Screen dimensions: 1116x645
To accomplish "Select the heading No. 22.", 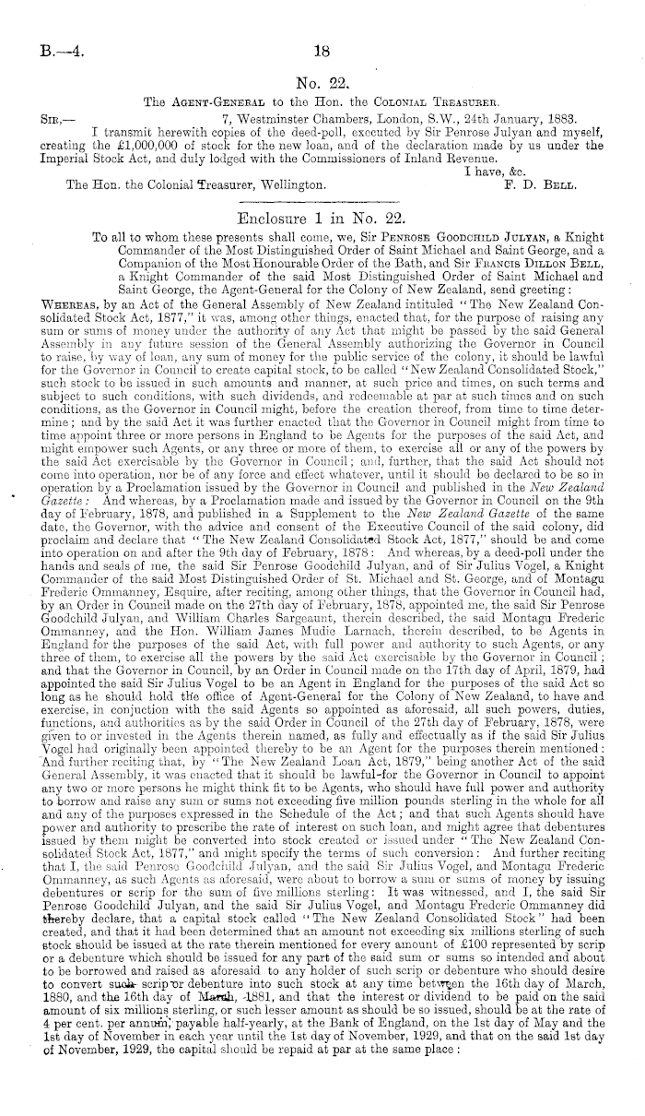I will click(322, 82).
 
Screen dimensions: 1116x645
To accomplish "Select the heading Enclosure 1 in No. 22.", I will click(322, 220).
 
